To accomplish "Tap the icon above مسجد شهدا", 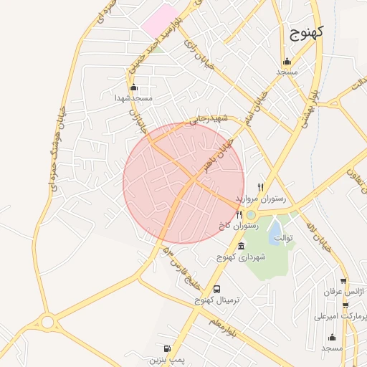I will point(133,87).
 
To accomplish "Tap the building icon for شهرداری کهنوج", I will point(240,247).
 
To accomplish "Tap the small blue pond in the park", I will point(275,230).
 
